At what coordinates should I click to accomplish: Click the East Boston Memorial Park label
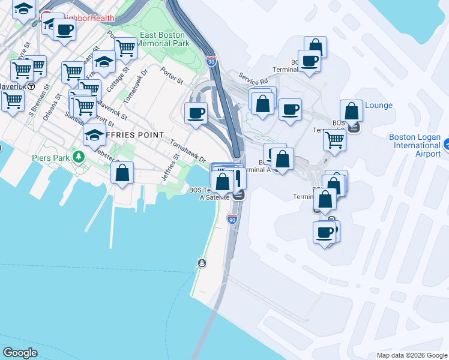click(x=164, y=39)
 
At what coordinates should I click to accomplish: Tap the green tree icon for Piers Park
click(x=77, y=157)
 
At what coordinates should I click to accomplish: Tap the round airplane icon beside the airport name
click(x=446, y=145)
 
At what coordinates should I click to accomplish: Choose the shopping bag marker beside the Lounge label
click(x=351, y=112)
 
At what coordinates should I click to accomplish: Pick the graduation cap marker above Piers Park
click(x=94, y=136)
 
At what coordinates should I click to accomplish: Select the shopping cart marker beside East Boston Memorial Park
click(x=125, y=48)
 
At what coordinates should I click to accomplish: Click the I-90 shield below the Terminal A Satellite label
click(x=232, y=220)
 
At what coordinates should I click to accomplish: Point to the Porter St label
click(x=172, y=75)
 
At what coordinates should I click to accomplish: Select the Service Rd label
click(x=253, y=79)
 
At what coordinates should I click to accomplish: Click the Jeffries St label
click(x=170, y=167)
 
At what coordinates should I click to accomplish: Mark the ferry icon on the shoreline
click(x=202, y=263)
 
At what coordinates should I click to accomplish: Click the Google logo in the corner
click(x=20, y=353)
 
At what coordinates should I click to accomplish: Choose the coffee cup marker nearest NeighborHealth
click(x=65, y=29)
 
